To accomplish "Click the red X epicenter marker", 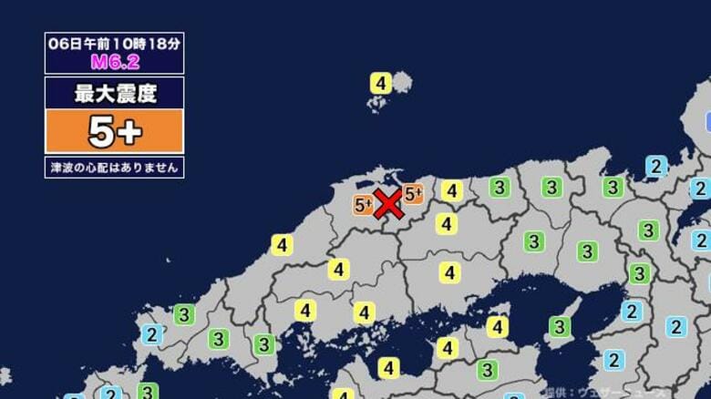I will pyautogui.click(x=388, y=204).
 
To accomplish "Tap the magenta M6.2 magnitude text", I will pyautogui.click(x=114, y=62).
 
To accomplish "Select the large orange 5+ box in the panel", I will pyautogui.click(x=114, y=132).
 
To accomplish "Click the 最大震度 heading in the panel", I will pyautogui.click(x=114, y=92).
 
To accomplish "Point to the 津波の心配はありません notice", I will pyautogui.click(x=114, y=167).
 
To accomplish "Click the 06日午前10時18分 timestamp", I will pyautogui.click(x=114, y=43).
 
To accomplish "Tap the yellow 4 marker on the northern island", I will pyautogui.click(x=381, y=83).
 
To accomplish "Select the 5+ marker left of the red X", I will pyautogui.click(x=364, y=205).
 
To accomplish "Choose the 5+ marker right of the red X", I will pyautogui.click(x=414, y=193).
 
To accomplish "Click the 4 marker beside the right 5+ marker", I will pyautogui.click(x=451, y=191).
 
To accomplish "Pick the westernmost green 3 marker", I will pyautogui.click(x=147, y=392).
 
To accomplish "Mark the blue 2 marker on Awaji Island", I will pyautogui.click(x=615, y=359).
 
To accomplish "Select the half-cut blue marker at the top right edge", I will pyautogui.click(x=706, y=121).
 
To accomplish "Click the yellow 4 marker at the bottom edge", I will pyautogui.click(x=343, y=394).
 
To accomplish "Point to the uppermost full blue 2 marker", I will pyautogui.click(x=654, y=166).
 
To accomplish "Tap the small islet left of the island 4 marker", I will pyautogui.click(x=373, y=107).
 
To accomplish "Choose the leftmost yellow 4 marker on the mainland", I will pyautogui.click(x=282, y=245).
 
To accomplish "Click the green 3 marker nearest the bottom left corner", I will pyautogui.click(x=147, y=392).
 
